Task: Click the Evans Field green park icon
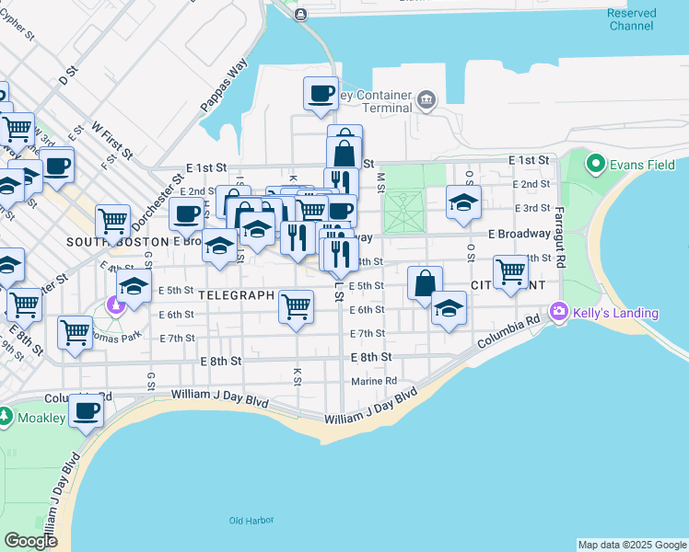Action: (598, 166)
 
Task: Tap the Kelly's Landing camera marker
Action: (558, 313)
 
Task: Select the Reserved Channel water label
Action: (632, 19)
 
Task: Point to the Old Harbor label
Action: (251, 521)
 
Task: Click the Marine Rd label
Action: (373, 382)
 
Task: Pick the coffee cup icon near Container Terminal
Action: (321, 93)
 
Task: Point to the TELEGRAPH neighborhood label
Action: (236, 295)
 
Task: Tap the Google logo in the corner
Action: (30, 541)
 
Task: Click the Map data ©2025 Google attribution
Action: (631, 545)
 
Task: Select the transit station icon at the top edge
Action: (300, 13)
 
